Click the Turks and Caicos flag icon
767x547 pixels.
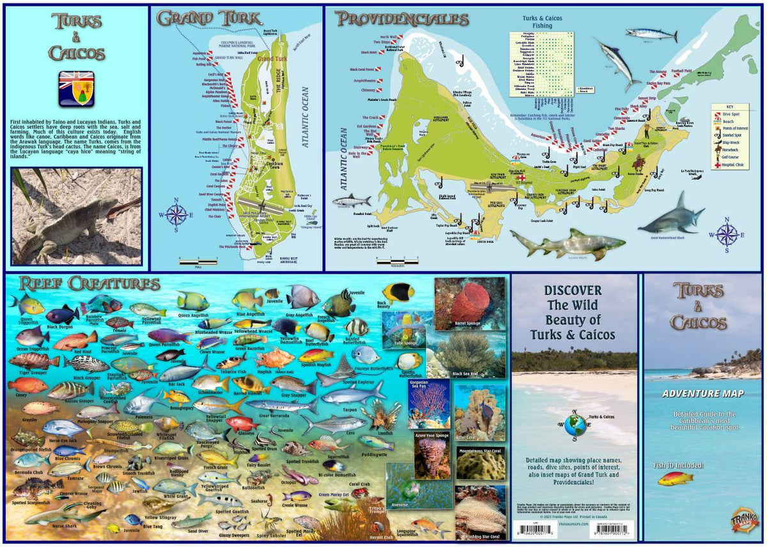coord(77,88)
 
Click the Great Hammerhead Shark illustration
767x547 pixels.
coord(671,218)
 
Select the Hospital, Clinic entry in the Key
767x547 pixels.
coord(731,165)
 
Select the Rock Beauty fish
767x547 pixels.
coord(398,292)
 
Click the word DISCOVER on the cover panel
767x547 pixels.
coord(573,290)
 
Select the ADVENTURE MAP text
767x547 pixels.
coord(701,393)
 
